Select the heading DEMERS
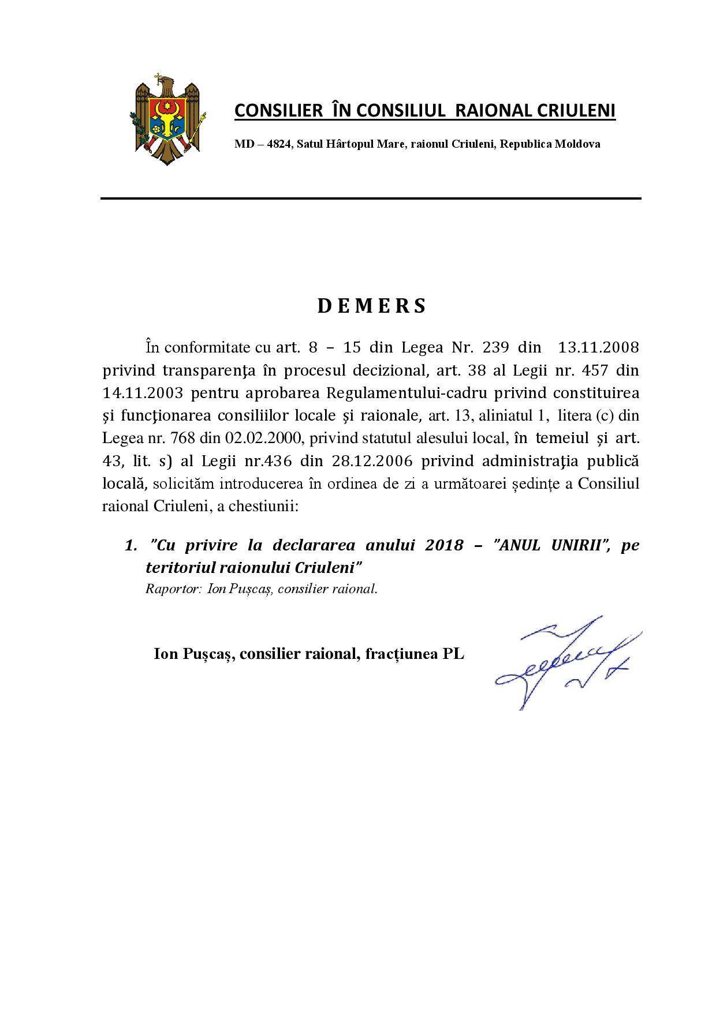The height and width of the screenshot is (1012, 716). click(371, 306)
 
